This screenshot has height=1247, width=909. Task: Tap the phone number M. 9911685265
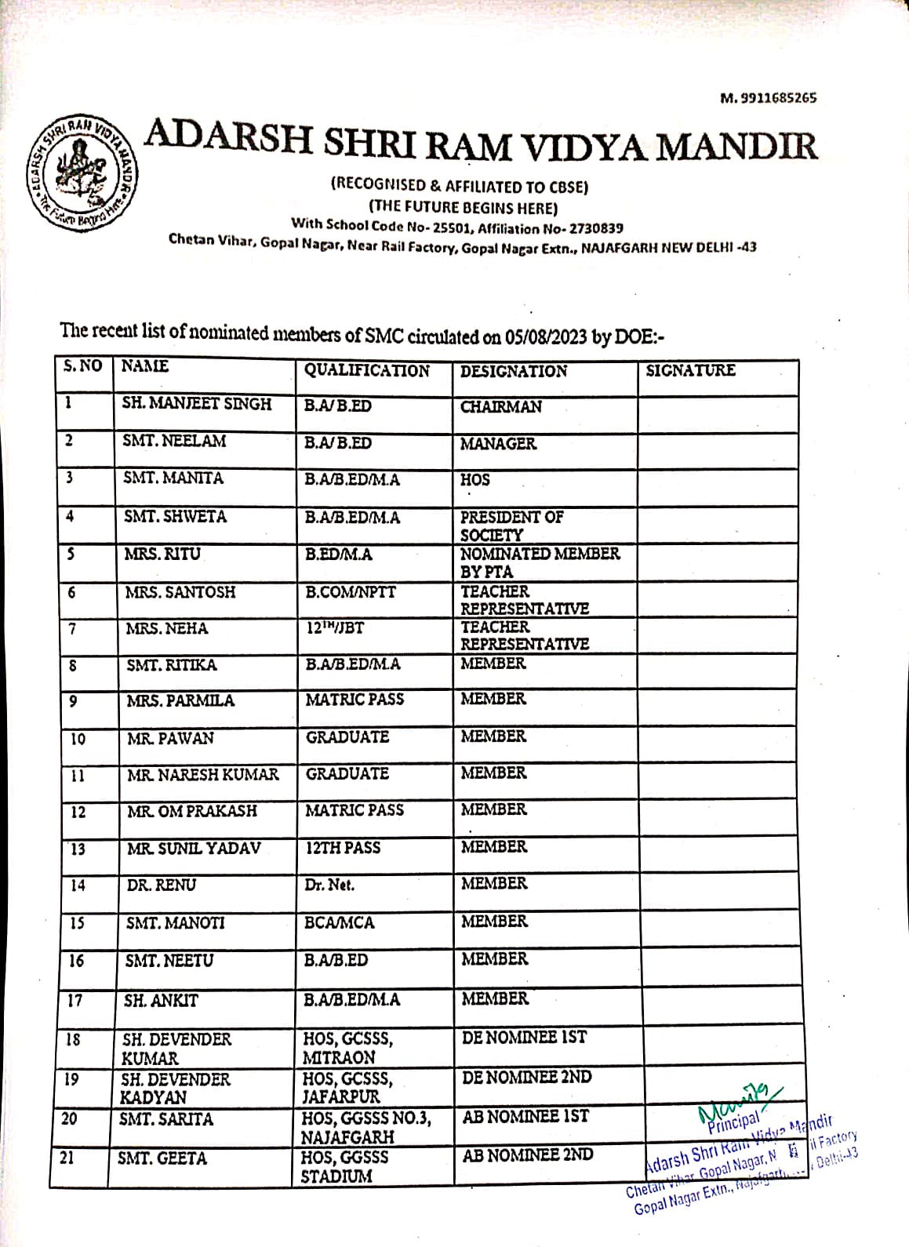(768, 98)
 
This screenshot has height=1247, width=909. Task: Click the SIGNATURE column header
(690, 370)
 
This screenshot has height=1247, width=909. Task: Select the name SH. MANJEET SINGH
(196, 404)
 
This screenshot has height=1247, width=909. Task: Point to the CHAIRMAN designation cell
(500, 407)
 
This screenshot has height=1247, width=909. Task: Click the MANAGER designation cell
(498, 444)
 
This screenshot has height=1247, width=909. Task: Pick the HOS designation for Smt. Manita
(474, 480)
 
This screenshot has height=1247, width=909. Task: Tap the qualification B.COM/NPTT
(351, 592)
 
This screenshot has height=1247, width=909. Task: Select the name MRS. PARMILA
(180, 700)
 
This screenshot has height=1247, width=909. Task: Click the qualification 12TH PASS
(343, 848)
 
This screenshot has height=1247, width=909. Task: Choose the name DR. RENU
(162, 885)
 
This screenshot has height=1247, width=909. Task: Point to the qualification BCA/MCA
(340, 922)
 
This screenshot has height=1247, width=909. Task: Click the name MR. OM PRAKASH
(192, 811)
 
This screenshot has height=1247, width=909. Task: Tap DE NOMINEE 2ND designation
(526, 1077)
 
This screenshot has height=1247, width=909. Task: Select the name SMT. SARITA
(165, 1119)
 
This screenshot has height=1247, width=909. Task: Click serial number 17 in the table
(75, 1001)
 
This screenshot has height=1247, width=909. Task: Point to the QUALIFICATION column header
(366, 371)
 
